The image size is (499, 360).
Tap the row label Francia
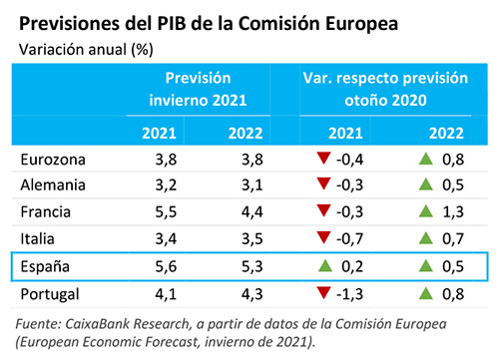(46, 211)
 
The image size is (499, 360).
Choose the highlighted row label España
(46, 266)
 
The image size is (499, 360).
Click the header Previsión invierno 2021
(205, 88)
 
